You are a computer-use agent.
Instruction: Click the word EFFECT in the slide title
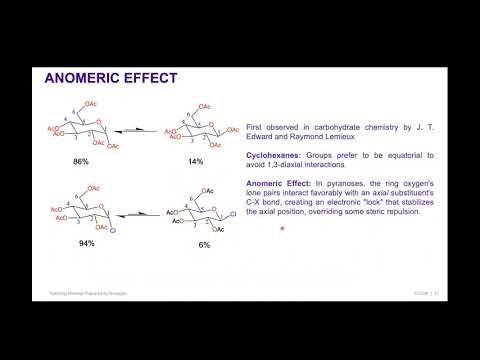(x=150, y=77)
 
